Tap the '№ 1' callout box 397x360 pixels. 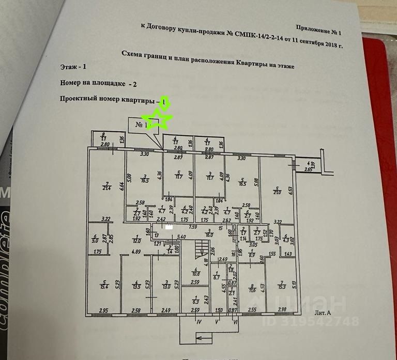tap(141, 124)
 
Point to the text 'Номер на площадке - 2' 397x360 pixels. tap(95, 82)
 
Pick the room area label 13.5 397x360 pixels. tap(135, 286)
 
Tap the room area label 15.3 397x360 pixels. tap(282, 286)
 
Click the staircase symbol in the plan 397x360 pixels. tap(197, 251)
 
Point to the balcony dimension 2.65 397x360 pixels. tap(308, 169)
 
